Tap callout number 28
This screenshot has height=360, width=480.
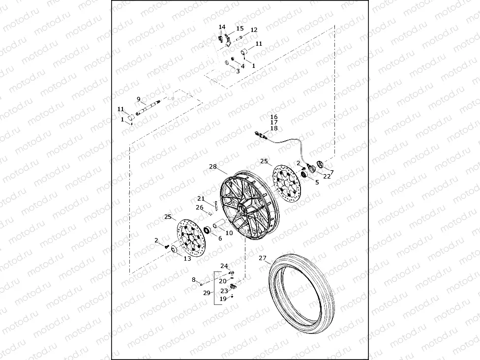click(x=212, y=167)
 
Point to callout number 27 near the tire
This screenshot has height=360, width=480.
click(x=262, y=258)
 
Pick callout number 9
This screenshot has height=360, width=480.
click(x=139, y=99)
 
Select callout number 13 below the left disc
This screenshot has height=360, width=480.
click(x=187, y=258)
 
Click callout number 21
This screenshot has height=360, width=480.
click(x=201, y=198)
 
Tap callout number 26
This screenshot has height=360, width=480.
click(x=199, y=207)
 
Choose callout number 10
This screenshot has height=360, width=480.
click(x=229, y=233)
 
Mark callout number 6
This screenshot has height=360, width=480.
click(x=219, y=239)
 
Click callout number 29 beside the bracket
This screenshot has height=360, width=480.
click(x=207, y=292)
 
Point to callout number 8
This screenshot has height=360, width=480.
click(x=194, y=279)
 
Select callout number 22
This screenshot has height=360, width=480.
click(x=327, y=177)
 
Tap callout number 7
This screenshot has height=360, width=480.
click(x=331, y=172)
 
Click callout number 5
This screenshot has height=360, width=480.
click(x=317, y=182)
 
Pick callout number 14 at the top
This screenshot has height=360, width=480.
click(x=222, y=27)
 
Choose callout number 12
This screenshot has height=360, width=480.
click(x=254, y=30)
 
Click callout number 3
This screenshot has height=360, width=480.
click(x=238, y=71)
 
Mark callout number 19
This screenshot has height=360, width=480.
click(x=223, y=299)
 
